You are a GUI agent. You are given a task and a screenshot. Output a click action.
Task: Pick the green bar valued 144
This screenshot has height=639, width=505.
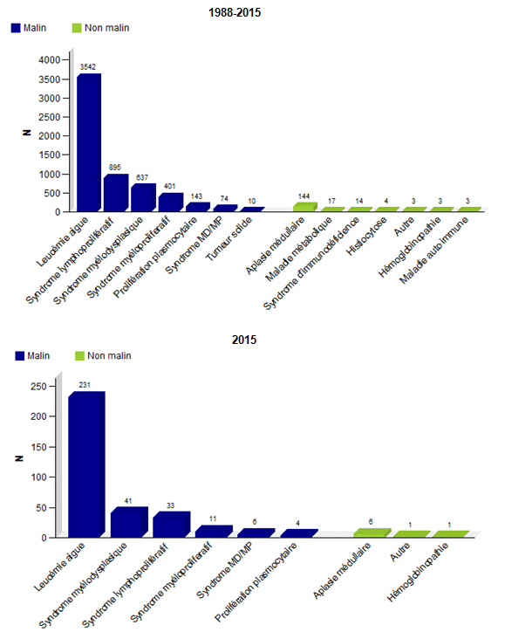click(304, 207)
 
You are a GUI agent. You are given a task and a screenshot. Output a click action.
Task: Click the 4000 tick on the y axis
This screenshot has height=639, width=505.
click(49, 60)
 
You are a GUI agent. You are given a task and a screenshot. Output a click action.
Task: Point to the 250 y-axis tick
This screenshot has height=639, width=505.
click(38, 386)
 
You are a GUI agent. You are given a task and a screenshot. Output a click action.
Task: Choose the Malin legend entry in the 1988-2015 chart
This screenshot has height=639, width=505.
click(31, 28)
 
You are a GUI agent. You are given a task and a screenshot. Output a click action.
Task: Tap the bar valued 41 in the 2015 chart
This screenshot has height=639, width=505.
click(127, 522)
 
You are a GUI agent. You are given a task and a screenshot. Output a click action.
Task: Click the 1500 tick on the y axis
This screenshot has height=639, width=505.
click(49, 155)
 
